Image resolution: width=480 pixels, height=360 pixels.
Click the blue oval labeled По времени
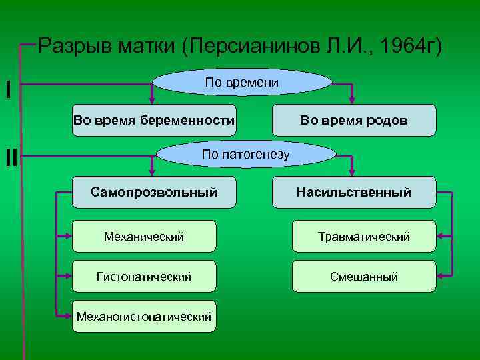pyautogui.click(x=242, y=83)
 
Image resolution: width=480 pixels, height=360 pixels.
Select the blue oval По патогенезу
pyautogui.click(x=245, y=155)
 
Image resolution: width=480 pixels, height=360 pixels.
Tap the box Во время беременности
pyautogui.click(x=154, y=121)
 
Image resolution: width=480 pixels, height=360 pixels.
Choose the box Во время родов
pyautogui.click(x=354, y=121)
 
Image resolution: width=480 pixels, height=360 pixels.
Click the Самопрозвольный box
pyautogui.click(x=154, y=193)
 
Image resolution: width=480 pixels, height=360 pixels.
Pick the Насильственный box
pyautogui.click(x=354, y=193)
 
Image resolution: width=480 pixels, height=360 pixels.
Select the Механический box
pyautogui.click(x=144, y=237)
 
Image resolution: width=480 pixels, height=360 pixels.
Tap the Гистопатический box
pyautogui.click(x=144, y=276)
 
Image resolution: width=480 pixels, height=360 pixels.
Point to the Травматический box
pyautogui.click(x=364, y=237)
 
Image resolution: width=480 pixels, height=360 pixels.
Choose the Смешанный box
pyautogui.click(x=364, y=276)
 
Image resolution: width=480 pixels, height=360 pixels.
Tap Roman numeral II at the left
pyautogui.click(x=11, y=157)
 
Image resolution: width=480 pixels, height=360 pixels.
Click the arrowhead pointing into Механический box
pyautogui.click(x=67, y=236)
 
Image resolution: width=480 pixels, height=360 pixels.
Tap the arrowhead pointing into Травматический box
pyautogui.click(x=441, y=236)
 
